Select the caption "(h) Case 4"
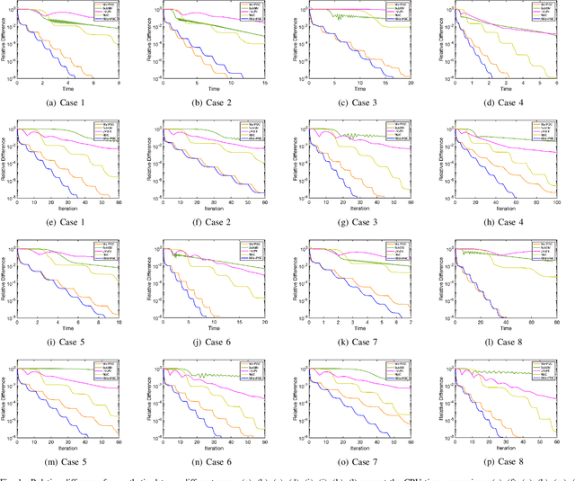coord(499,224)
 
